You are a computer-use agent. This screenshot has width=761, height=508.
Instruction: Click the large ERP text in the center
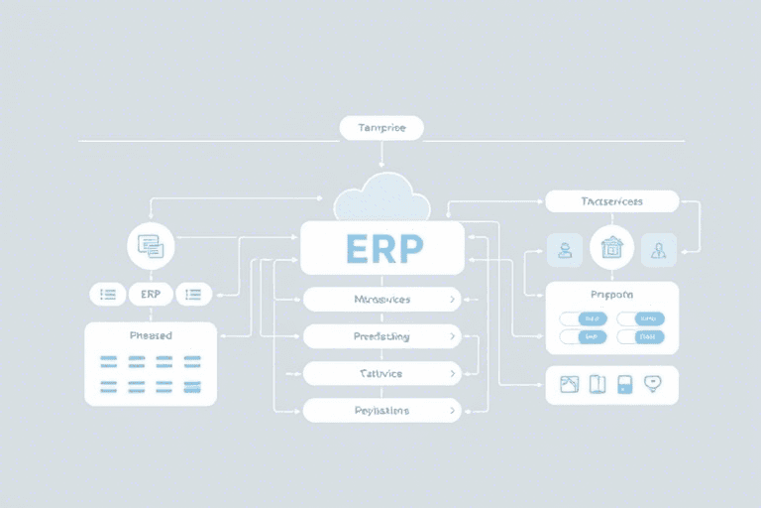coord(382,248)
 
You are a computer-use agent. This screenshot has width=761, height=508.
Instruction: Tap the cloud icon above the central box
coord(381,198)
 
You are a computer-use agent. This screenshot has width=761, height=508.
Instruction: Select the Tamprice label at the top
coord(381,128)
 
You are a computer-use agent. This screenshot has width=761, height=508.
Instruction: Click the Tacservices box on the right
coord(611,201)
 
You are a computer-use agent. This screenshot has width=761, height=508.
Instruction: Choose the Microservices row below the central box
coord(381,299)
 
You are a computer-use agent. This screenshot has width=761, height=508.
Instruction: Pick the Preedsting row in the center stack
coord(381,336)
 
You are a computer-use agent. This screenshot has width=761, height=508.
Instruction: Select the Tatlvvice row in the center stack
coord(381,374)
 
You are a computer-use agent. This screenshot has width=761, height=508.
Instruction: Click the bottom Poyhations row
coord(381,410)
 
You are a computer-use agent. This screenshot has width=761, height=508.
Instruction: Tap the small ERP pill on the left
coord(151,294)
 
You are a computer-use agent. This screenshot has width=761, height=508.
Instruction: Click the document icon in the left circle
coord(151,245)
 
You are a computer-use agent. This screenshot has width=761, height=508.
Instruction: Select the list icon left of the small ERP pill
coord(108,294)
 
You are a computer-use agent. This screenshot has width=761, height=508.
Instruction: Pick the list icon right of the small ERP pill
coord(193,294)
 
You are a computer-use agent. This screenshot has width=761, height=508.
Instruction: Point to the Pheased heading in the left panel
coord(151,335)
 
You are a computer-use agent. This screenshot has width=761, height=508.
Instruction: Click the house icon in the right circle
coord(611,247)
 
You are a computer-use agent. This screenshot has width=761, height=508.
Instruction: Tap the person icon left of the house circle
coord(565,250)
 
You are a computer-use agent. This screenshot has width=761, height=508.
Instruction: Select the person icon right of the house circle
coord(658,250)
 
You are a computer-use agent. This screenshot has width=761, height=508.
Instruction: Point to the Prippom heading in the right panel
coord(611,295)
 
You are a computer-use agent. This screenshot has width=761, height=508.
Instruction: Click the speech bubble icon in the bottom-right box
coord(653,384)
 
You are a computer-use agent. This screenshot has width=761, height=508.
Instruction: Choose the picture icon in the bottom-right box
coord(569,384)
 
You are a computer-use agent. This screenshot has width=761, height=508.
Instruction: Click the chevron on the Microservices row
coord(453,299)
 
